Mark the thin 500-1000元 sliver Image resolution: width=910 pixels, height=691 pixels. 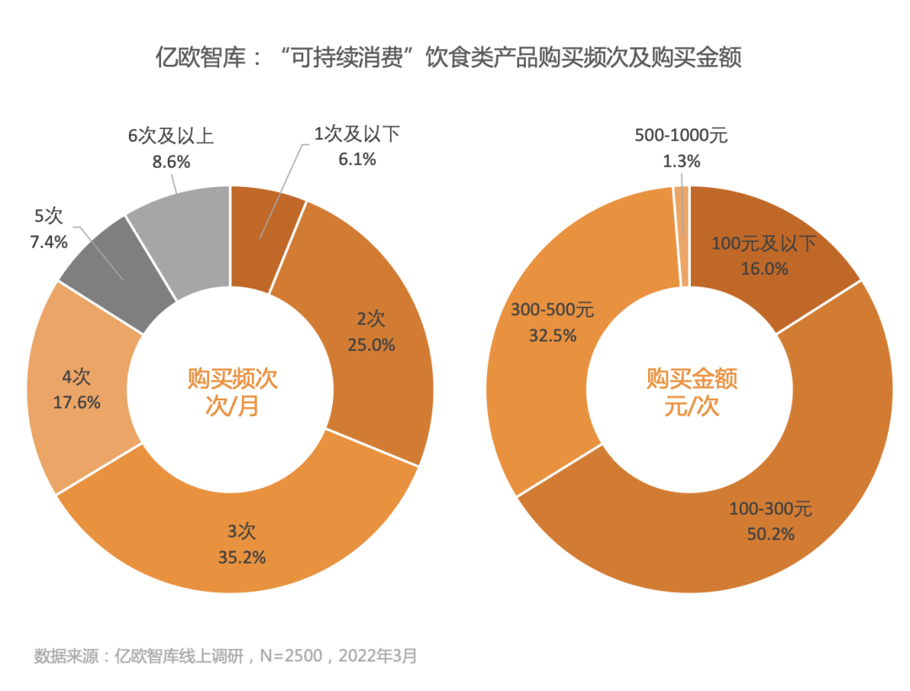pyautogui.click(x=682, y=236)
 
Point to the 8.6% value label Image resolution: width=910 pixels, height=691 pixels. pyautogui.click(x=171, y=161)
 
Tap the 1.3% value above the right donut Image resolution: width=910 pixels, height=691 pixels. pyautogui.click(x=682, y=161)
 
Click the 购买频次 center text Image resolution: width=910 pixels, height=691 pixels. pyautogui.click(x=232, y=378)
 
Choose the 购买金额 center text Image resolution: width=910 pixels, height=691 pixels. pyautogui.click(x=692, y=378)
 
